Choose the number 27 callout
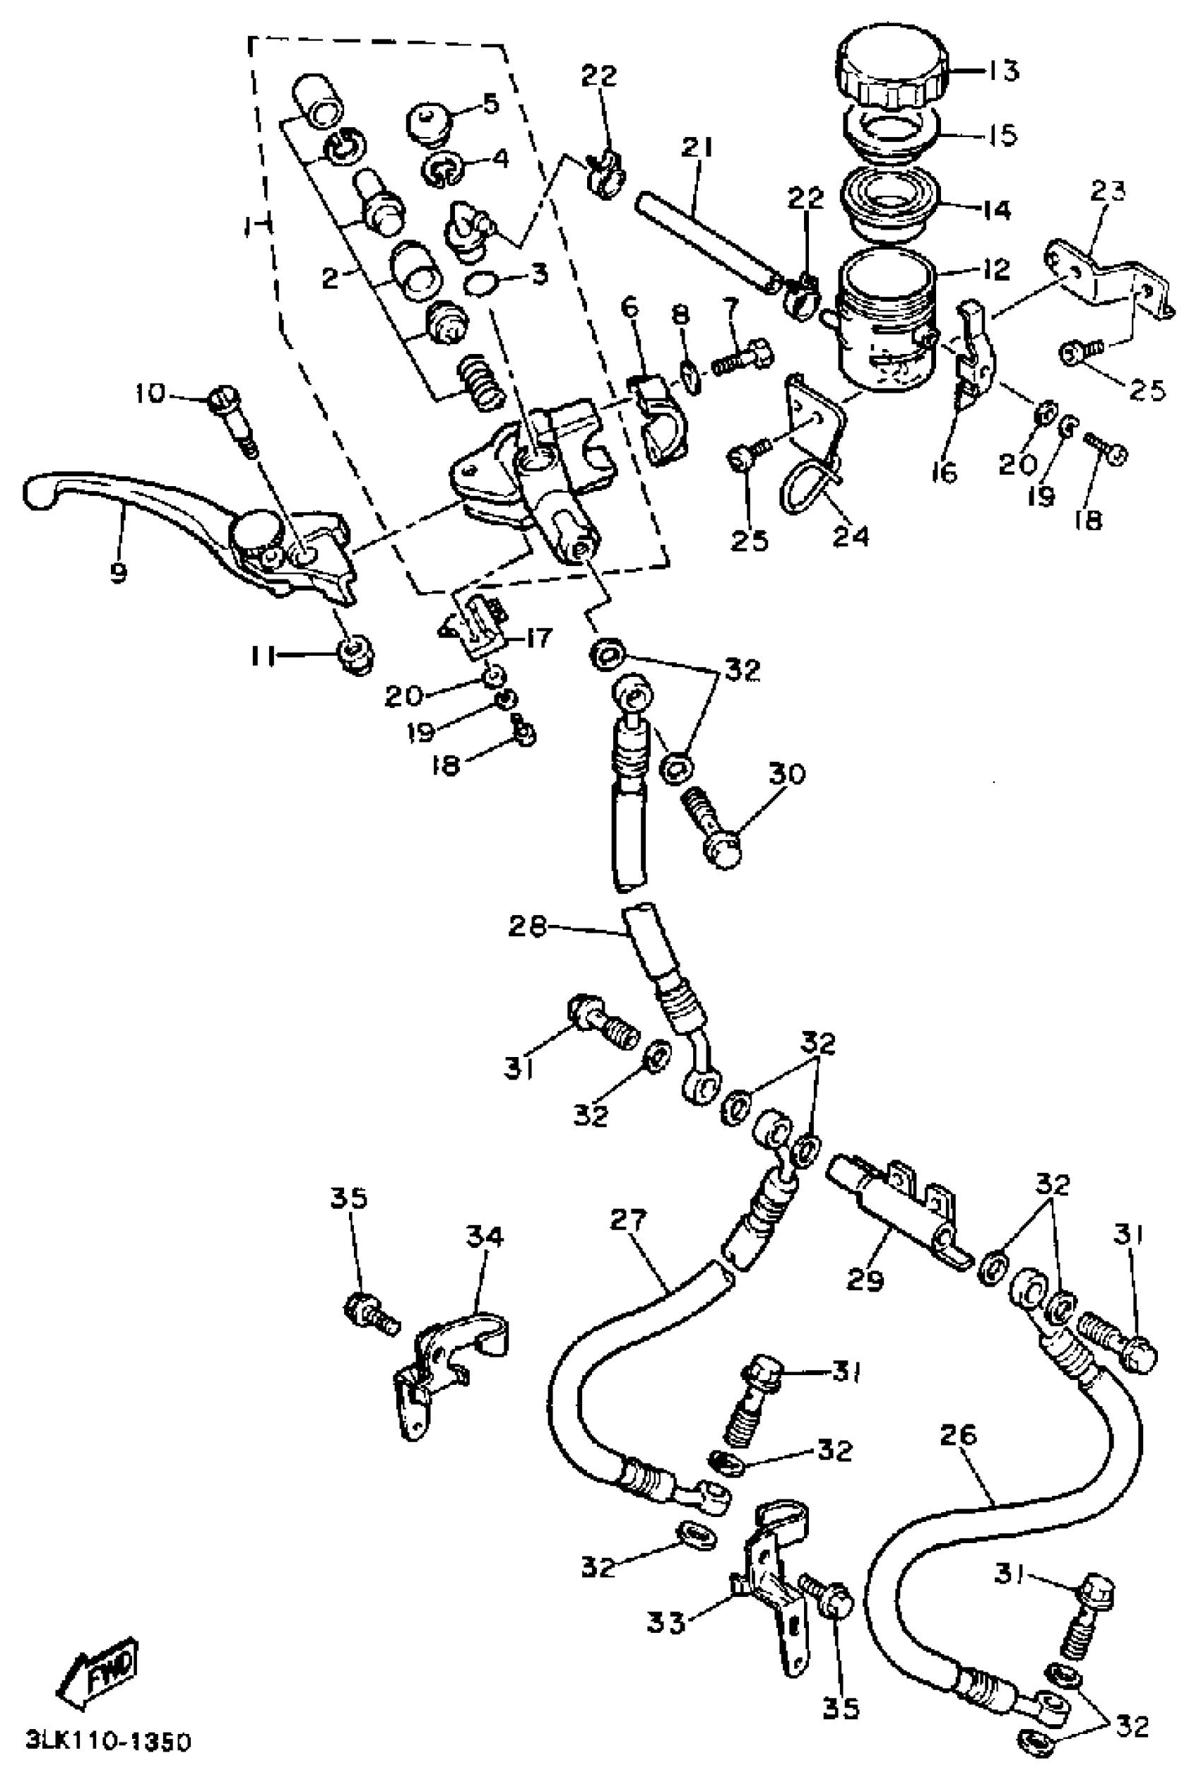pyautogui.click(x=629, y=1220)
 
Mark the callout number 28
pyautogui.click(x=528, y=928)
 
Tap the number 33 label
pyautogui.click(x=665, y=1622)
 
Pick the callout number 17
pyautogui.click(x=538, y=637)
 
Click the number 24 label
pyautogui.click(x=852, y=536)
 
